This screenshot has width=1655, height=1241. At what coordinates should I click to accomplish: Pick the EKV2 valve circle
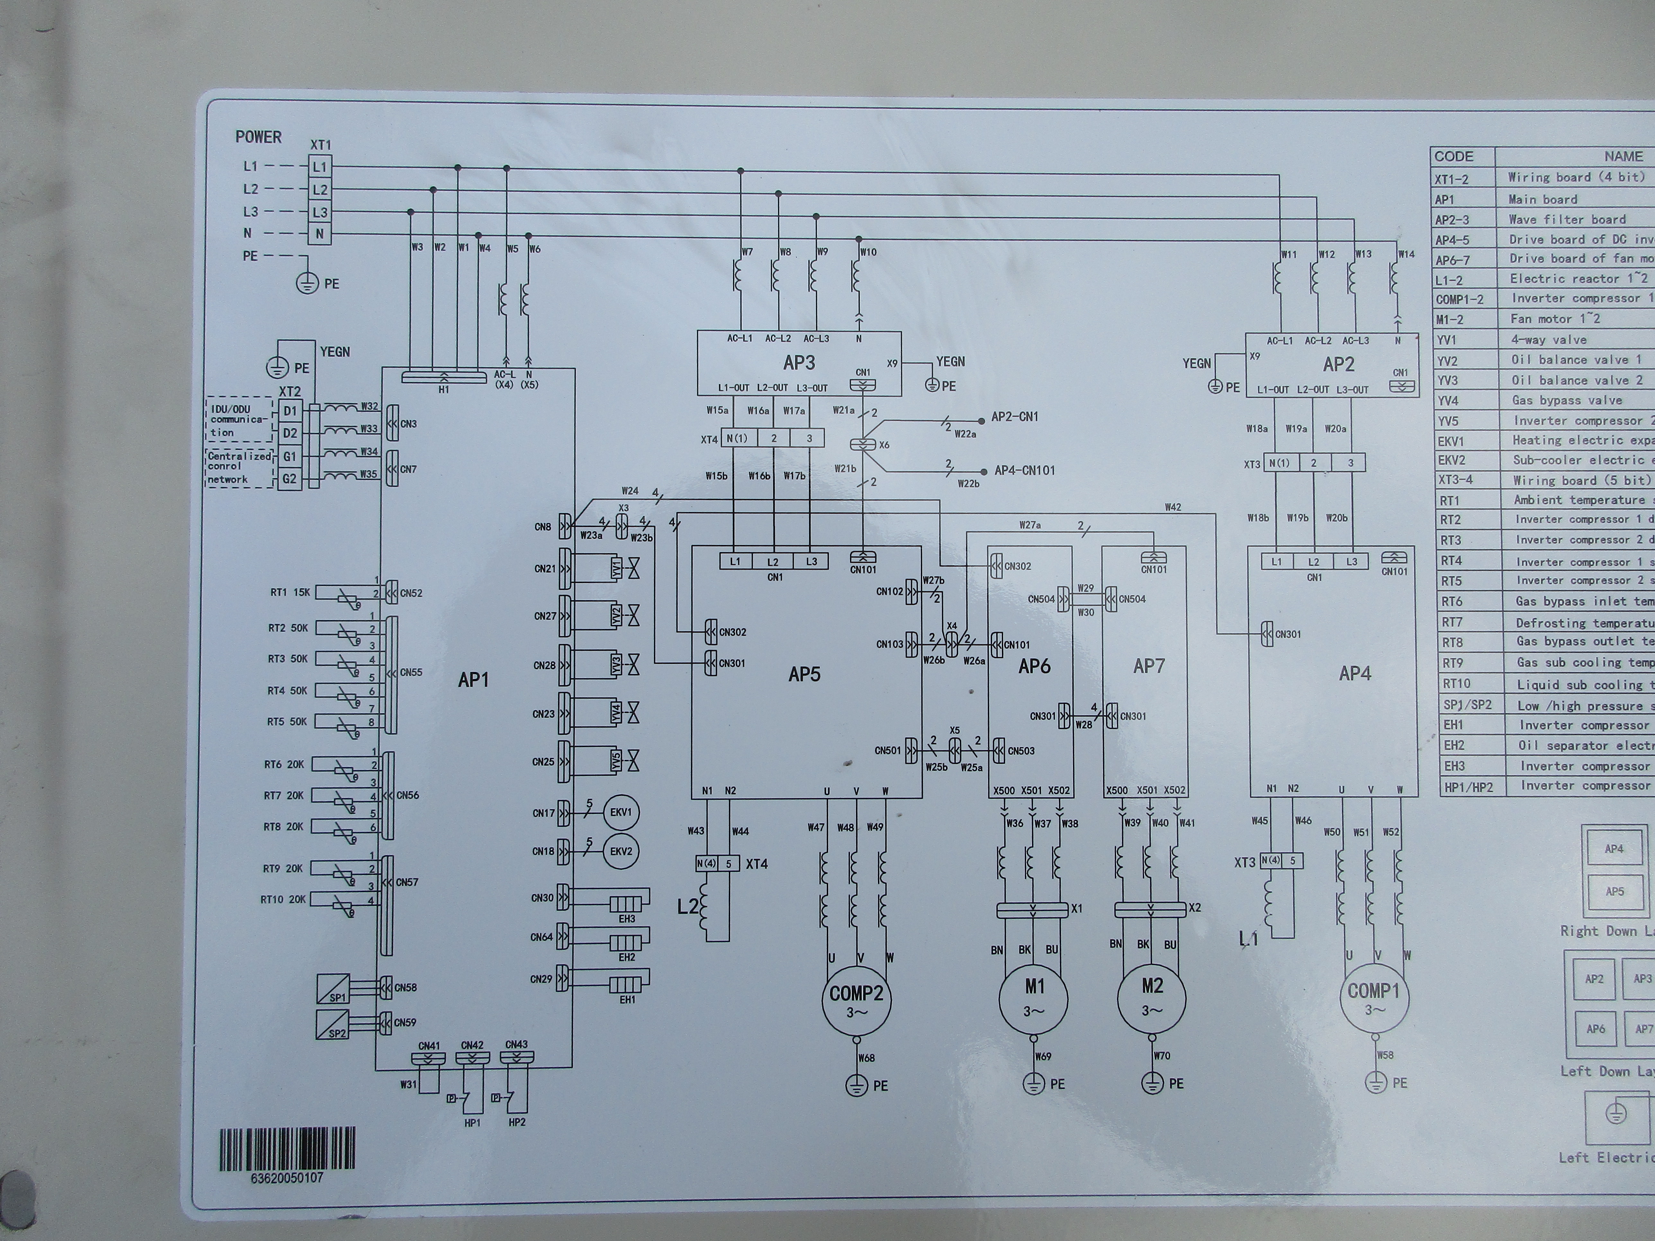[621, 851]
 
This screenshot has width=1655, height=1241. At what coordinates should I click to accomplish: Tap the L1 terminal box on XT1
[320, 167]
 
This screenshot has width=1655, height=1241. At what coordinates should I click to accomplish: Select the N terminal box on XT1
[320, 234]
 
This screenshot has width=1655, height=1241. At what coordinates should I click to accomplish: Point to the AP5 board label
[804, 674]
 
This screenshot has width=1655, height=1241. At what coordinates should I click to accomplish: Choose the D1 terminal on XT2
[289, 411]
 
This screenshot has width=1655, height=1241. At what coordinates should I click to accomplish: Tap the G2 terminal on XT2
[289, 479]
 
